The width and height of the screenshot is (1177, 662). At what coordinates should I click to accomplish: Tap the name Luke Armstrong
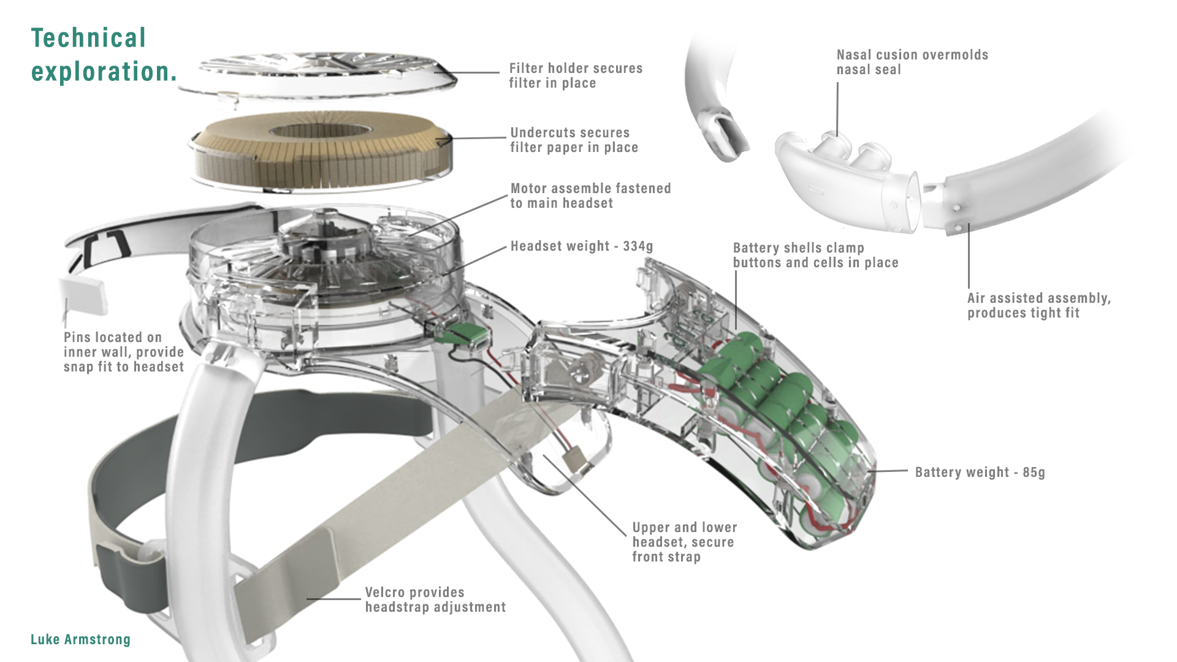click(x=80, y=639)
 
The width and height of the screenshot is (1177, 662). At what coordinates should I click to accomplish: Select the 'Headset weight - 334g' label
click(x=581, y=246)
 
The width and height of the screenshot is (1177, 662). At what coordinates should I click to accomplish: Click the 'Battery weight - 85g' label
click(x=979, y=473)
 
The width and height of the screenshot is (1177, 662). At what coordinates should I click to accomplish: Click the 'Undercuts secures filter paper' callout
click(x=573, y=140)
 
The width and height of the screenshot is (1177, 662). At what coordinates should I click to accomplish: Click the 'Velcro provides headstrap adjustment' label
click(x=435, y=599)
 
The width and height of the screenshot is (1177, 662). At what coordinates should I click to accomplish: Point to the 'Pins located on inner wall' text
click(x=123, y=352)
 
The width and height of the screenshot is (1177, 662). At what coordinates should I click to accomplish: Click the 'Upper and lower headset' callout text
click(x=684, y=542)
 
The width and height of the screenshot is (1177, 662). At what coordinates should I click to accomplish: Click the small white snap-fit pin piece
click(x=83, y=294)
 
